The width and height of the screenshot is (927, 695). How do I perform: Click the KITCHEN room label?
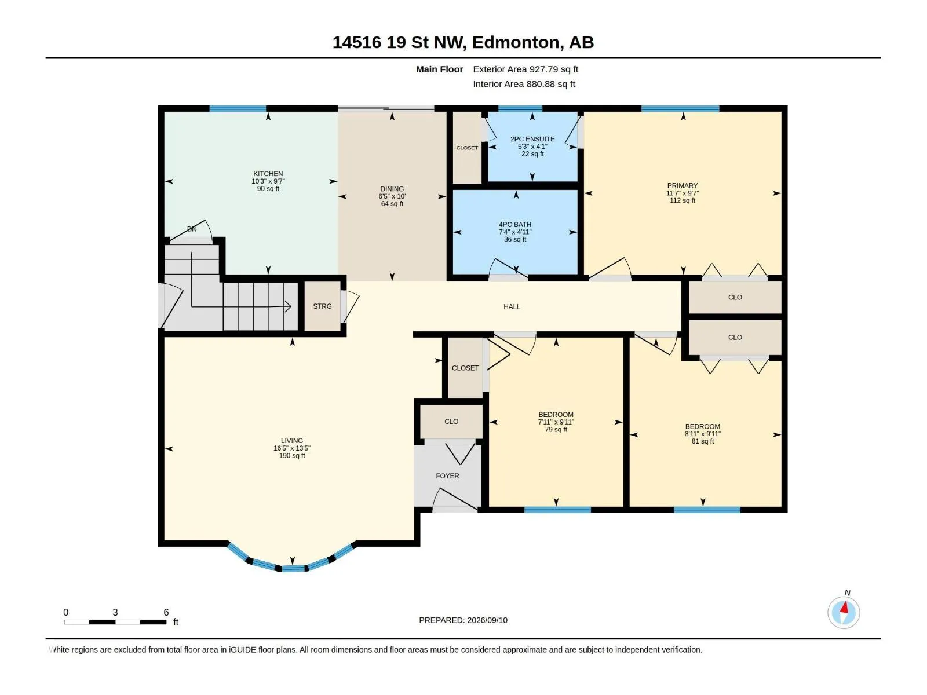268,173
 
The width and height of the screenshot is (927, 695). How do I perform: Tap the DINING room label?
392,189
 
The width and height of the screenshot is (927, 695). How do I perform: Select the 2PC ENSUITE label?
532,139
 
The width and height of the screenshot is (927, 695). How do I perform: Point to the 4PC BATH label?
515,225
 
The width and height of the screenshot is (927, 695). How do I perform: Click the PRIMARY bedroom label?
682,185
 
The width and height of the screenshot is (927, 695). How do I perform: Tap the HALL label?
512,307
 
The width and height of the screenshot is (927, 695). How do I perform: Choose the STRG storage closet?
322,306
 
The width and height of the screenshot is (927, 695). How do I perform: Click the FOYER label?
447,475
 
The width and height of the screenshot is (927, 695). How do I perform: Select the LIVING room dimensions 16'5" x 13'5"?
291,448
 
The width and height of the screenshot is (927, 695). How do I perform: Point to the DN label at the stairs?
192,229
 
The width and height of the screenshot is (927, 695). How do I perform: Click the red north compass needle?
844,608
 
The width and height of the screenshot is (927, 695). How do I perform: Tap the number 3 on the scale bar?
115,612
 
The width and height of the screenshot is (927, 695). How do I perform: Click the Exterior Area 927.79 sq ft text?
525,69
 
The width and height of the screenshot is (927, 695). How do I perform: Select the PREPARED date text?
463,620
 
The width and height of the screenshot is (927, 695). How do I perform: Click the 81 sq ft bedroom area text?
702,441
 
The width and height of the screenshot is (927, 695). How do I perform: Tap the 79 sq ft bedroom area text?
556,430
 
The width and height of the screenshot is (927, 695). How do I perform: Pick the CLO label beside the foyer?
451,422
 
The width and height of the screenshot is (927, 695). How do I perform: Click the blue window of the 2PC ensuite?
520,108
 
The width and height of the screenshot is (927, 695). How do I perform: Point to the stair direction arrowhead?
288,306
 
